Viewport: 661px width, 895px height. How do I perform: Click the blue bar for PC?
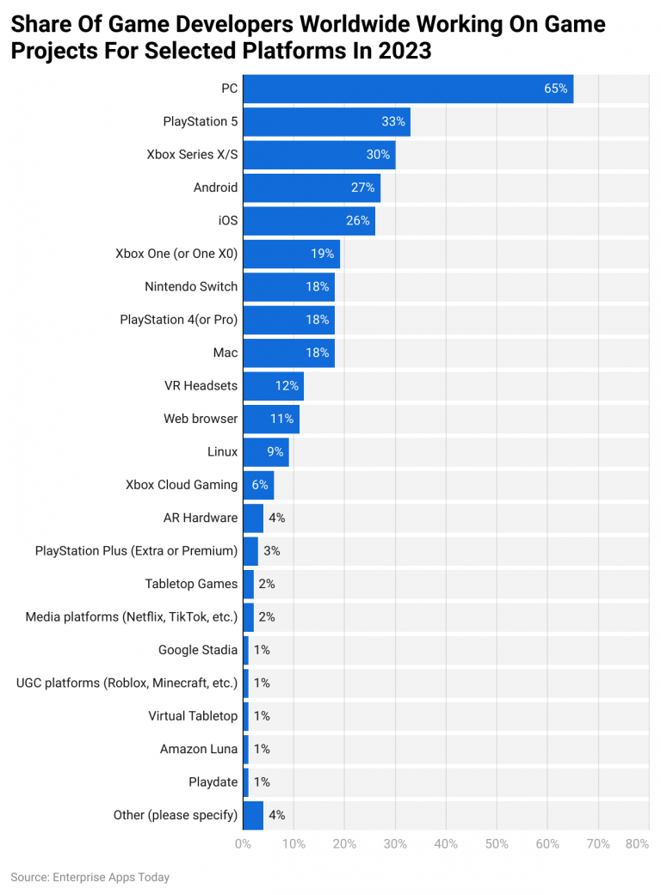click(x=407, y=89)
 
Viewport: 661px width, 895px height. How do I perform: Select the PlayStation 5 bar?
click(x=326, y=121)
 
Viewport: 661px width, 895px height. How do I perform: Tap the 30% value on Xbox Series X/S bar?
click(x=379, y=155)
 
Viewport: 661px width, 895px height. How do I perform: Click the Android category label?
click(x=215, y=187)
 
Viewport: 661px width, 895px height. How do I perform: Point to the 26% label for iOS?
click(x=358, y=221)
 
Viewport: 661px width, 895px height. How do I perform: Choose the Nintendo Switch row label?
click(x=191, y=286)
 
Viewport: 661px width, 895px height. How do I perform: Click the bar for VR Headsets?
click(x=273, y=386)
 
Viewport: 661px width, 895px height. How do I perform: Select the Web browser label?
click(x=201, y=419)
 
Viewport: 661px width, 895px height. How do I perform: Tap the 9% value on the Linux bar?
click(x=275, y=451)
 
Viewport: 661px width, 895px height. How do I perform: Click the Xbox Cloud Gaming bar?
click(x=258, y=485)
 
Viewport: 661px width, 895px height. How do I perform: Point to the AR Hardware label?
click(x=200, y=518)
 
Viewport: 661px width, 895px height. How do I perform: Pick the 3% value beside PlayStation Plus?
click(x=271, y=550)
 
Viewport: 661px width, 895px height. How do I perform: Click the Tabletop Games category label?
click(x=191, y=584)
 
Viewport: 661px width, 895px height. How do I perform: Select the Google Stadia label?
click(x=198, y=650)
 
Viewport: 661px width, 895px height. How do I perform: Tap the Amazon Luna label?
click(x=198, y=749)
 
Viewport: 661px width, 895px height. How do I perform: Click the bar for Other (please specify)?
click(x=253, y=815)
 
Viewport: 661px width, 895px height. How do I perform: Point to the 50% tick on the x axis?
click(x=497, y=844)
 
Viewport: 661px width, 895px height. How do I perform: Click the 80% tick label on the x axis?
click(x=637, y=844)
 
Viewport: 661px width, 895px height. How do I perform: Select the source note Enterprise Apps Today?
click(x=90, y=878)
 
